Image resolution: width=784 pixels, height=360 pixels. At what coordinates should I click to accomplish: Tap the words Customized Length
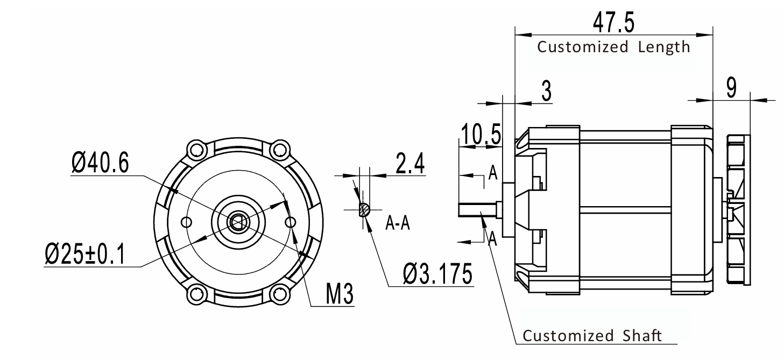[613, 47]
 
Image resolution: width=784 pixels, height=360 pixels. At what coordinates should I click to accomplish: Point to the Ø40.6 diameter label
[100, 163]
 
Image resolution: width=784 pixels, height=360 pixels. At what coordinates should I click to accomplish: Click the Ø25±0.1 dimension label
[84, 253]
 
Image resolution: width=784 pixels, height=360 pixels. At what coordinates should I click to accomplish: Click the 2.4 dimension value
[409, 164]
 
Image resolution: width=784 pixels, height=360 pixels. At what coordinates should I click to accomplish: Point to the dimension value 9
[731, 88]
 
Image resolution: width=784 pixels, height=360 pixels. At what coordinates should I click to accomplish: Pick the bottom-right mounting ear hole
[279, 294]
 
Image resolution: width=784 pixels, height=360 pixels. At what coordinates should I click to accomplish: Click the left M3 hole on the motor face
[187, 222]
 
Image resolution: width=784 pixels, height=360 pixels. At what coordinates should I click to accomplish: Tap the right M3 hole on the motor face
[291, 222]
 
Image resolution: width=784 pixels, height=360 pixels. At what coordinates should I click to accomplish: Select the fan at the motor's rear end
[737, 209]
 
